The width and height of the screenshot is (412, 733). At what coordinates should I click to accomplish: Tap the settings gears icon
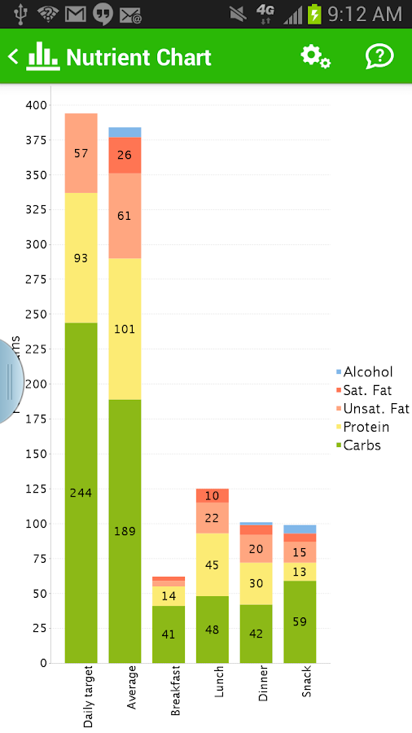315,57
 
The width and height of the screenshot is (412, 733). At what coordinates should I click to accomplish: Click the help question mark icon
379,57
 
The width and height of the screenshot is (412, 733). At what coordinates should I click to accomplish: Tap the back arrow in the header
13,57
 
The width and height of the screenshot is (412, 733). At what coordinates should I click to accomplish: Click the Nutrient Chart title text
138,58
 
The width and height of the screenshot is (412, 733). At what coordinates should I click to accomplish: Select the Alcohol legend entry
366,372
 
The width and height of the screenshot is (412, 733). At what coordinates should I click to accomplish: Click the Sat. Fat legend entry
366,390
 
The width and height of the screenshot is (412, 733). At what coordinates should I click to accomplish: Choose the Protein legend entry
365,427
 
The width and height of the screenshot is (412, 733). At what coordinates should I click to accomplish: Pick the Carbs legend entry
361,446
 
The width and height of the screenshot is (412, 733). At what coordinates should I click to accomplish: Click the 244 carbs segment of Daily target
81,493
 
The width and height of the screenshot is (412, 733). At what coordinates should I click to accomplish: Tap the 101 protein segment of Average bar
125,329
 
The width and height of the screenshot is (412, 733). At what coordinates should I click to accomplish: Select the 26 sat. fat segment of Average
125,155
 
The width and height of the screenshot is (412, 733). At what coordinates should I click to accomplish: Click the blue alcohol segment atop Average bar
125,132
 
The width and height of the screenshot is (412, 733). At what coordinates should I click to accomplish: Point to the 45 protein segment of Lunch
213,565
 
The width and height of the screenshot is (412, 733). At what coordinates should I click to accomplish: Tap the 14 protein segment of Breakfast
169,596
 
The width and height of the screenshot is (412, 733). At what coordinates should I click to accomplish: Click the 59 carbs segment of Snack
300,621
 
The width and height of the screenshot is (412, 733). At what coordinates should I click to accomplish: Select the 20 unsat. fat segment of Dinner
256,549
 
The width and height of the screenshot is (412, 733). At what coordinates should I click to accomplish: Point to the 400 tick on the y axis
37,105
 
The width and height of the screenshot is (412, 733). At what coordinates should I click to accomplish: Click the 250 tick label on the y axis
37,314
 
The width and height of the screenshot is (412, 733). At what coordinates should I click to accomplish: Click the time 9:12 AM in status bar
365,14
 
